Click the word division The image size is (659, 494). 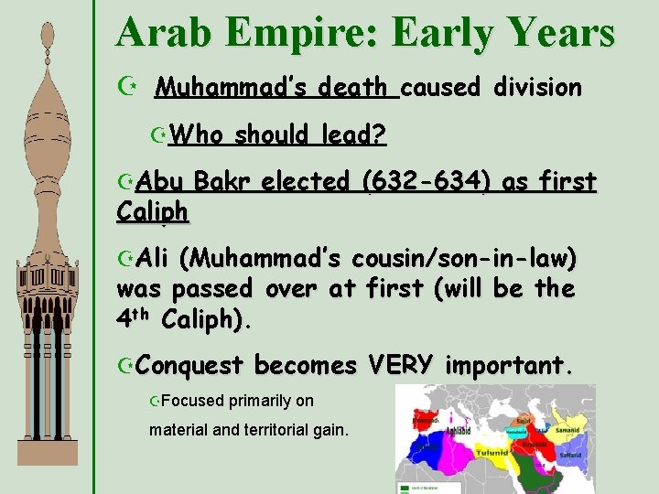536,88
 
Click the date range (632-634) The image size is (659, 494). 425,181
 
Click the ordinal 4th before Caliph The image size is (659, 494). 135,320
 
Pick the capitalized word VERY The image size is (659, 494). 400,365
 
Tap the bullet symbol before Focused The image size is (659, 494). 156,401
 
